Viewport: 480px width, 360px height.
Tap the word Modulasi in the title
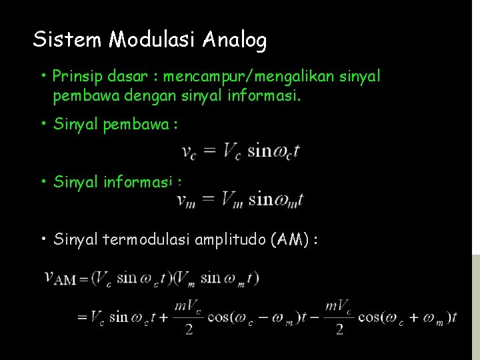tap(153, 40)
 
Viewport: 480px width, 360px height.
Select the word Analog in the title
tap(235, 40)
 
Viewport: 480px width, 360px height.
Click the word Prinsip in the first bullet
tap(75, 76)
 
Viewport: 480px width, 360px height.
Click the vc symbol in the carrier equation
tap(189, 152)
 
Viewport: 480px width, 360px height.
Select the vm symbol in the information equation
tap(186, 199)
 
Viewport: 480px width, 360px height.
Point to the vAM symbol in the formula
tap(60, 277)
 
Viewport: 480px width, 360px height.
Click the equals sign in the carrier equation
tap(209, 151)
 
